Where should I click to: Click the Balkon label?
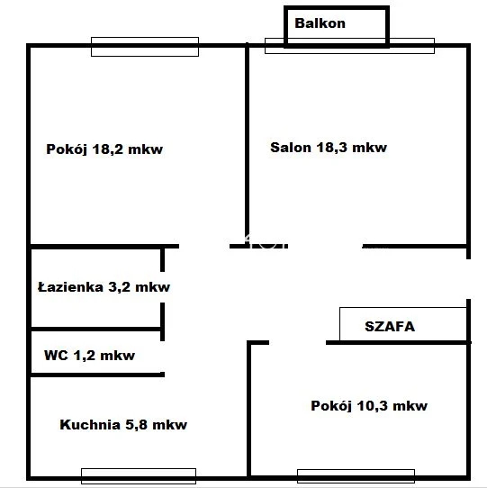[320, 23]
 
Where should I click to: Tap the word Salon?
[291, 147]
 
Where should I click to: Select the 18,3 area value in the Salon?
[331, 148]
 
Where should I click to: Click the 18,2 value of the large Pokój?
[107, 149]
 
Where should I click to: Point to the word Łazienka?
[70, 286]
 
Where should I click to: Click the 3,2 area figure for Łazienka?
[119, 287]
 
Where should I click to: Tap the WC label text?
[56, 355]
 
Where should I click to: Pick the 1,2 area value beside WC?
[85, 356]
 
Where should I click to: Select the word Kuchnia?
[90, 424]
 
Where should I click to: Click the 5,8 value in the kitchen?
[136, 425]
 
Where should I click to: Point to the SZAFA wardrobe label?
[390, 327]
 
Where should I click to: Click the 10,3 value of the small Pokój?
[372, 406]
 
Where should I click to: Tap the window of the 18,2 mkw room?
[145, 47]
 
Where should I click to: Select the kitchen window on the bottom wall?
[139, 476]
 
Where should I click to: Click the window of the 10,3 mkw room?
[356, 476]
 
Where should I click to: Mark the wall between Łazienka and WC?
[95, 329]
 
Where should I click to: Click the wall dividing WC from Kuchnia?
[97, 375]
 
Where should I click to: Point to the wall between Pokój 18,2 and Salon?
[247, 145]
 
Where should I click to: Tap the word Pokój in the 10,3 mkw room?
[331, 406]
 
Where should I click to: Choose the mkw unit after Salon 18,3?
[369, 148]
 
